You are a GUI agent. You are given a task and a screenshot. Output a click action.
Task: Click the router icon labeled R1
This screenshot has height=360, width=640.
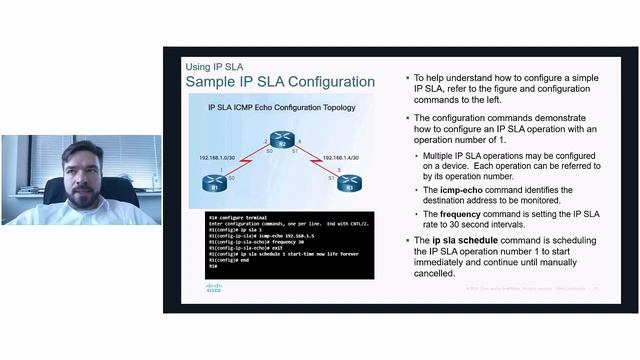coord(212,183)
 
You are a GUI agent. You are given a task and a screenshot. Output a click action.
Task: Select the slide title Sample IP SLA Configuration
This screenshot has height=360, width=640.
coord(280,81)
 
